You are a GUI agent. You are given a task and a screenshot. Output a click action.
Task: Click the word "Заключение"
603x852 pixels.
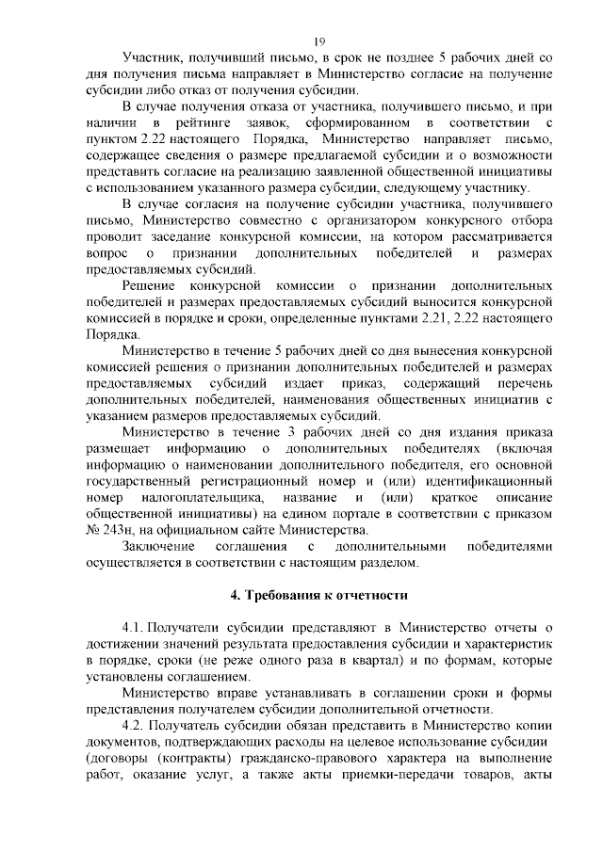pos(158,546)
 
